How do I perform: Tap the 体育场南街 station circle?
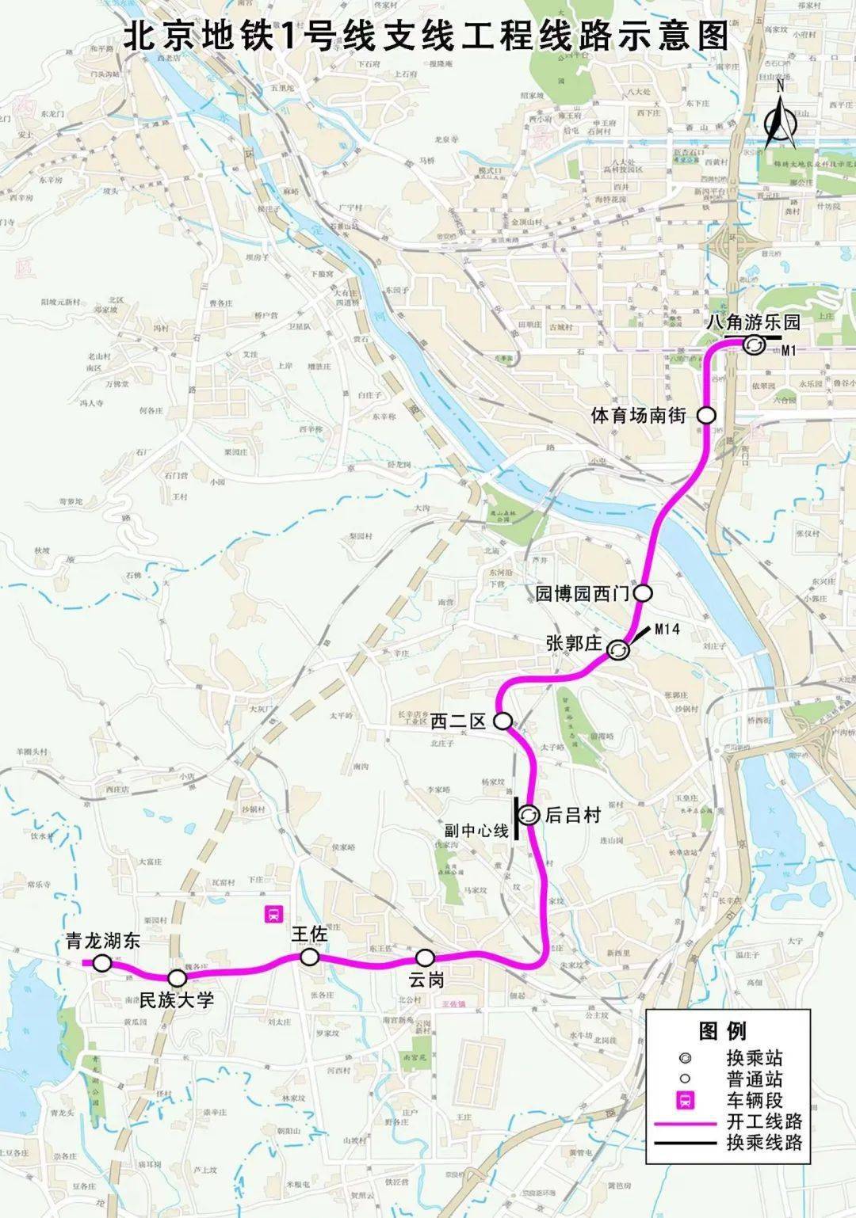[x=705, y=414]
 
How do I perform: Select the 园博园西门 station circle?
[x=643, y=592]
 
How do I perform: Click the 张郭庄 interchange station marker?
[x=618, y=650]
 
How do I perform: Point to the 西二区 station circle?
[x=503, y=721]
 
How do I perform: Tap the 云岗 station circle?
[x=426, y=957]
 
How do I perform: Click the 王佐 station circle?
[x=309, y=957]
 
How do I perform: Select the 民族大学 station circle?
[x=178, y=978]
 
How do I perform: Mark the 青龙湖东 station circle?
[x=102, y=963]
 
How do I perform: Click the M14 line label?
[x=667, y=630]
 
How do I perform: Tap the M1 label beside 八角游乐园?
[x=787, y=350]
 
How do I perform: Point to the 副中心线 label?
[x=476, y=830]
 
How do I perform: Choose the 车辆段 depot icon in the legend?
[x=682, y=1100]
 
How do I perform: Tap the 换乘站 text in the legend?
[x=755, y=1058]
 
